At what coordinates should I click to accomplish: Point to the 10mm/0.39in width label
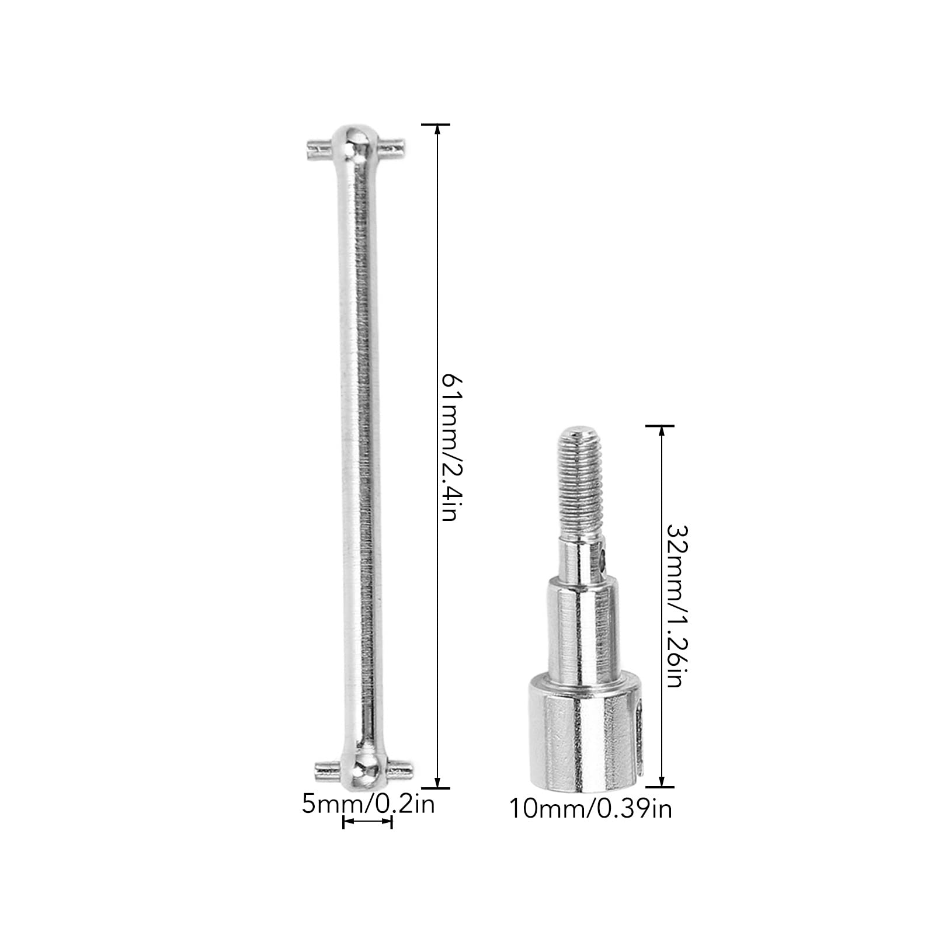pyautogui.click(x=591, y=809)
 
